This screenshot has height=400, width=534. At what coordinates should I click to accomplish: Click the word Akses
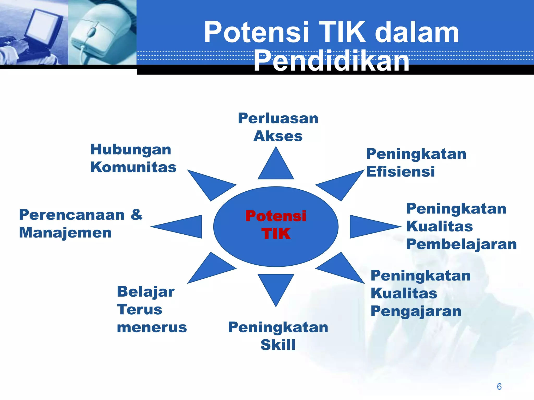[278, 136]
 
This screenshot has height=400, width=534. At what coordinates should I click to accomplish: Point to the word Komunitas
[133, 167]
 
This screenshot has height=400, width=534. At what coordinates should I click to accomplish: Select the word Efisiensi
[400, 172]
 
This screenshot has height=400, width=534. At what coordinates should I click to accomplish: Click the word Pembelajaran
[462, 244]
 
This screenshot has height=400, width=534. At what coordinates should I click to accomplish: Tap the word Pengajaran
[416, 311]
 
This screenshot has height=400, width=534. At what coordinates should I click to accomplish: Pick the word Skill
[278, 345]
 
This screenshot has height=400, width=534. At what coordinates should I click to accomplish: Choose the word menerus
[152, 327]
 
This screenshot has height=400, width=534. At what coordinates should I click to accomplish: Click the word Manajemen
[65, 233]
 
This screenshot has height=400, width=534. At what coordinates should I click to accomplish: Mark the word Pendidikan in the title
[331, 61]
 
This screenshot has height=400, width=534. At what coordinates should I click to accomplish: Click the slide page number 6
[499, 386]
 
